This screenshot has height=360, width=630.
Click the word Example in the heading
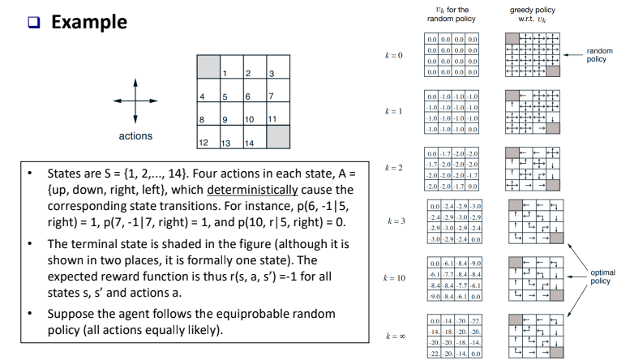pos(88,21)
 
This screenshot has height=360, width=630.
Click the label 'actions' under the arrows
pos(135,136)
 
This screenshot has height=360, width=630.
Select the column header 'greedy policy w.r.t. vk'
pos(532,14)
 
